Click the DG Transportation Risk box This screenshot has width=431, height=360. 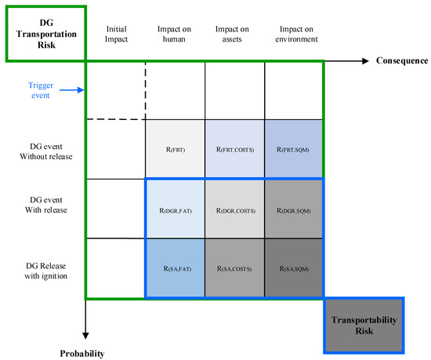pyautogui.click(x=44, y=31)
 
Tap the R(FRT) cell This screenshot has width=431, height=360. pyautogui.click(x=175, y=148)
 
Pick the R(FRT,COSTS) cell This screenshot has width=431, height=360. pyautogui.click(x=234, y=148)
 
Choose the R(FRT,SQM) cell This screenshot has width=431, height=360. pyautogui.click(x=294, y=148)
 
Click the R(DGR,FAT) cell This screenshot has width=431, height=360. pyautogui.click(x=175, y=209)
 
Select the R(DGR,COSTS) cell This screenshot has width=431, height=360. pyautogui.click(x=234, y=209)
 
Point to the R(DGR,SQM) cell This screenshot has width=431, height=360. pyautogui.click(x=294, y=209)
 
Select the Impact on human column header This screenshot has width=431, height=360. pyautogui.click(x=175, y=34)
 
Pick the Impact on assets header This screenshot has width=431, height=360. pyautogui.click(x=234, y=34)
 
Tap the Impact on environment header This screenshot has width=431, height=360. pyautogui.click(x=294, y=34)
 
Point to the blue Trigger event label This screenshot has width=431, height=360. pyautogui.click(x=38, y=90)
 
